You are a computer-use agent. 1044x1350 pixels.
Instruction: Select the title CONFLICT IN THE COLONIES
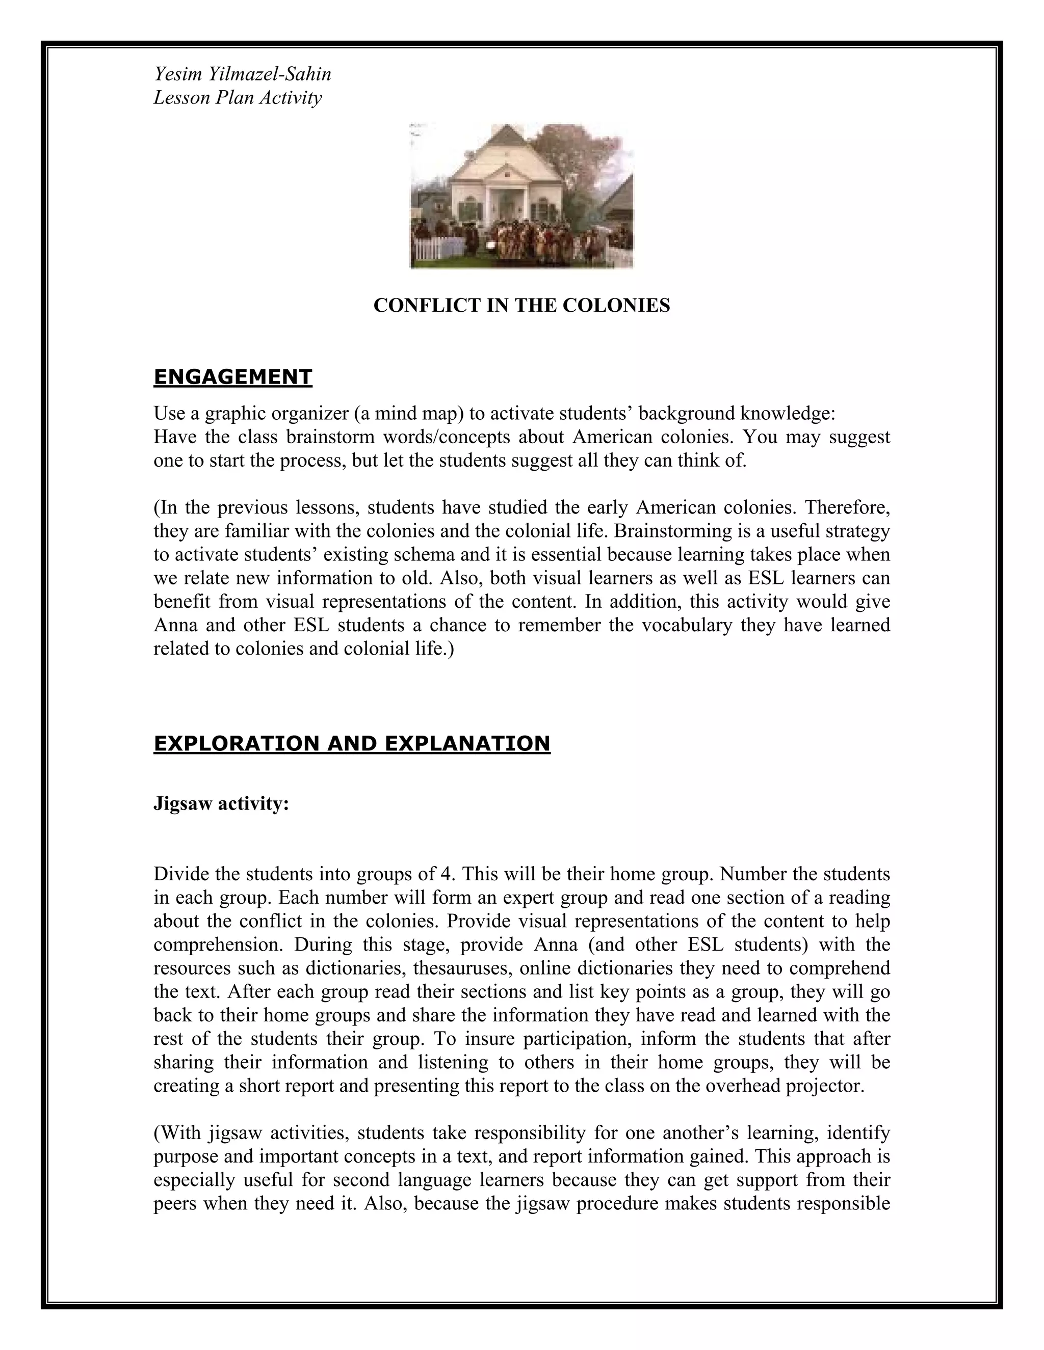point(521,305)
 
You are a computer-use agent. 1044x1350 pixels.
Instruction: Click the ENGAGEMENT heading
point(232,377)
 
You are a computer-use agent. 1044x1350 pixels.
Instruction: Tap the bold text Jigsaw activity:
point(221,804)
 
